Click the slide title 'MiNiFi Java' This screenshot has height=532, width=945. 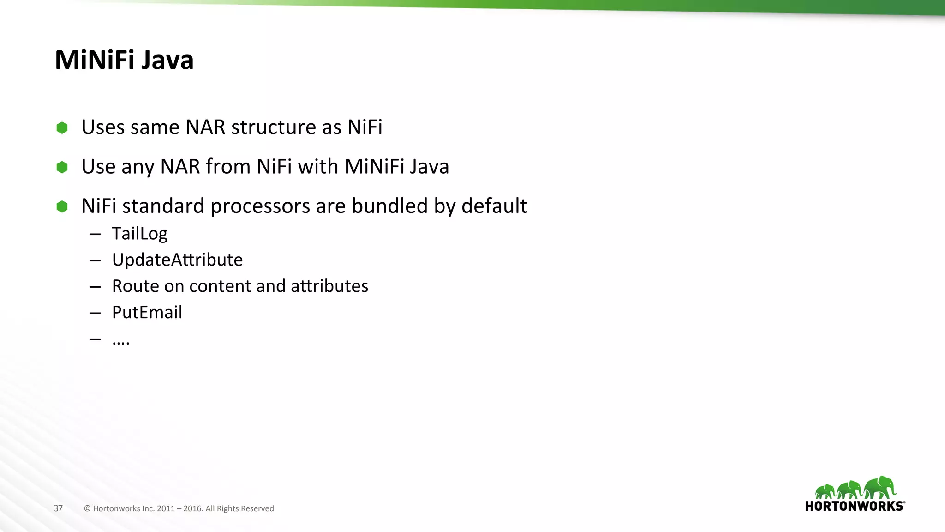tap(124, 60)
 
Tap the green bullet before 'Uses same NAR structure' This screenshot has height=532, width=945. tap(62, 127)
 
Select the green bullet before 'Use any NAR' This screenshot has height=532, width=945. tap(62, 167)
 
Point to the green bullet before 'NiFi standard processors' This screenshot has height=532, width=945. tap(62, 206)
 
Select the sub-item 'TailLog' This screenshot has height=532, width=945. tap(139, 234)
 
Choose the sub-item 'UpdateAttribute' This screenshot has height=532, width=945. tap(177, 260)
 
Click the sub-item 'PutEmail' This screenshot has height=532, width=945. tap(147, 313)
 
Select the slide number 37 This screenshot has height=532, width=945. tap(58, 508)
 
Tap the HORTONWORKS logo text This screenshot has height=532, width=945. tap(855, 506)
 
